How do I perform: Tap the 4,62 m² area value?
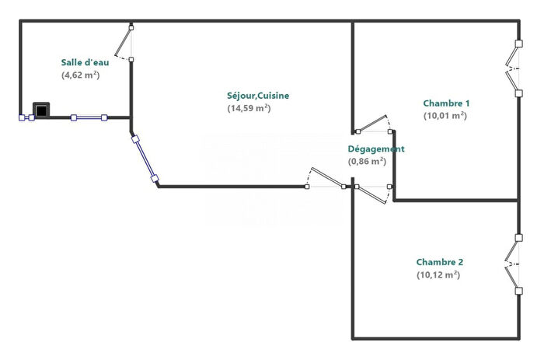pos(80,75)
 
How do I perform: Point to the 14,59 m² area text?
pos(248,109)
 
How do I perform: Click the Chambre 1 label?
pos(446,103)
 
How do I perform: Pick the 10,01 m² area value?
pos(445,116)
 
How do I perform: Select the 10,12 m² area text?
pos(438,275)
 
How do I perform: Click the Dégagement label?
pos(375,149)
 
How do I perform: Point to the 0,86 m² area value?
pos(367,162)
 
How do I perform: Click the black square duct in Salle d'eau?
pos(40,110)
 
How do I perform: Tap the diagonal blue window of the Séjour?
pos(145,161)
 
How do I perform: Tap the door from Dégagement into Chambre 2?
pos(374,192)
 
